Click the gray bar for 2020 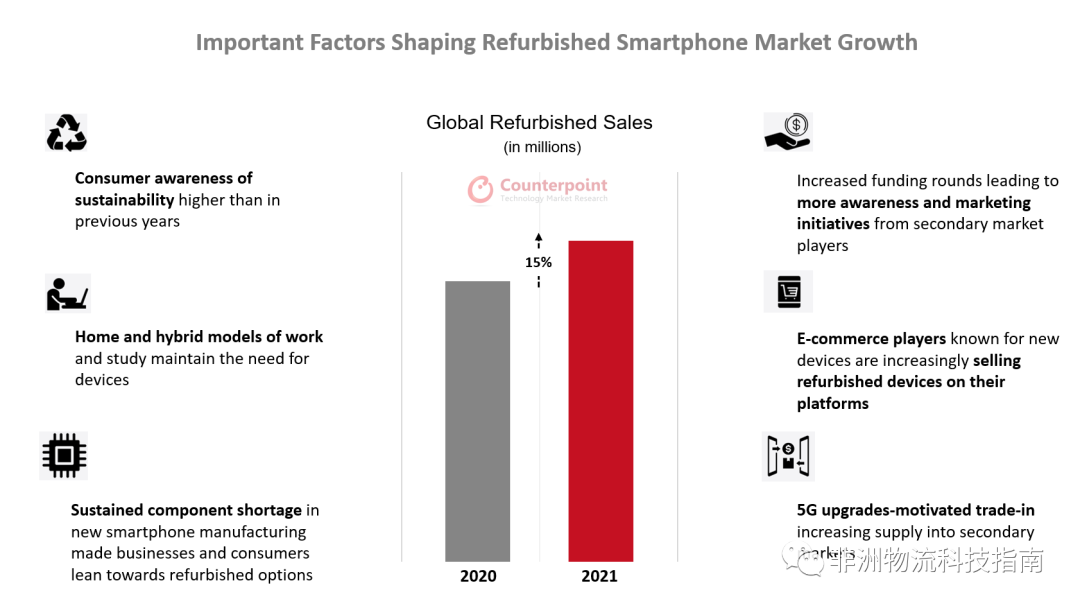(477, 421)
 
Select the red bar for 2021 (600, 401)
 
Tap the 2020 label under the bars (478, 576)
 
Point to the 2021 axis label (599, 576)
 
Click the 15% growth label (538, 263)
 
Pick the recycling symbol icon (66, 133)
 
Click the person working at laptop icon (67, 293)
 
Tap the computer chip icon (64, 456)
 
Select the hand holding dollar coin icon (788, 132)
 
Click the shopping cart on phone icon (788, 291)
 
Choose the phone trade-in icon (787, 456)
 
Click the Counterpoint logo (538, 189)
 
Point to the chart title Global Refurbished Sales (539, 123)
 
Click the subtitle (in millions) (541, 147)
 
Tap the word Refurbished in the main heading (544, 43)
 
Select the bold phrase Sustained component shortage (186, 510)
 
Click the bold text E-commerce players (871, 339)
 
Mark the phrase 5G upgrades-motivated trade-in (915, 510)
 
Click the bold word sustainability (125, 200)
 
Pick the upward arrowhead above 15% (538, 238)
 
